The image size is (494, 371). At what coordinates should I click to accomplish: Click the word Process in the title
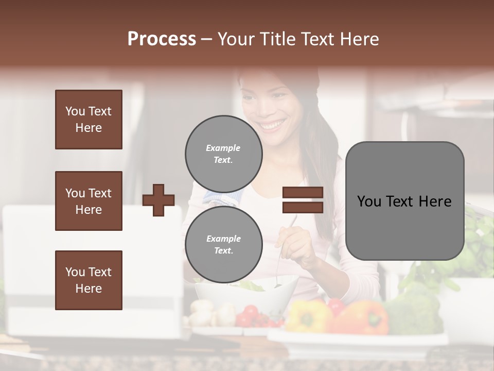click(x=162, y=39)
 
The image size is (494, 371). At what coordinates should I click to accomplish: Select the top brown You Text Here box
click(x=89, y=120)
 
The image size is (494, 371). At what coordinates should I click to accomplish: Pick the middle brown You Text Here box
click(x=89, y=201)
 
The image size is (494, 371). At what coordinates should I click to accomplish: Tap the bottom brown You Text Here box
click(x=89, y=280)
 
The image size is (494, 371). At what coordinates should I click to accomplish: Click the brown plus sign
click(x=158, y=200)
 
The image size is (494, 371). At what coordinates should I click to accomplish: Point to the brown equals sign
click(x=303, y=200)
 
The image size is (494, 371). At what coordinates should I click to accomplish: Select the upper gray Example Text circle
click(x=223, y=154)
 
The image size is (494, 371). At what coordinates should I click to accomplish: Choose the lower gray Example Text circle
click(x=223, y=245)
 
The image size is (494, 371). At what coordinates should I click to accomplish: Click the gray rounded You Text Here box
click(x=404, y=201)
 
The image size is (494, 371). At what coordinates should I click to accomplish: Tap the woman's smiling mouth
click(x=272, y=125)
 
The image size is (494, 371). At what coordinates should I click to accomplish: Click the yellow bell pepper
click(x=308, y=315)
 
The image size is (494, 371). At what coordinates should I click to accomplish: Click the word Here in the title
click(x=359, y=39)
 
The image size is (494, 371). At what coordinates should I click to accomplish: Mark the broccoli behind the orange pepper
click(x=412, y=312)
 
